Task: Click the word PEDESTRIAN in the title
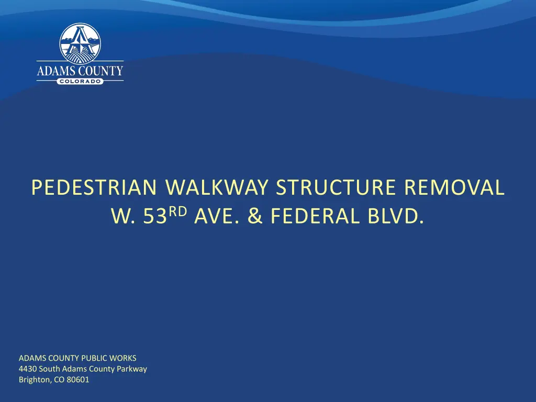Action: point(94,187)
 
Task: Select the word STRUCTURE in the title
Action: point(336,187)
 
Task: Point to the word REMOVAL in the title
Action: point(454,187)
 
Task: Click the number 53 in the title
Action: point(155,216)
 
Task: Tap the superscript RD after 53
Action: point(178,212)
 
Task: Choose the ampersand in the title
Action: point(255,216)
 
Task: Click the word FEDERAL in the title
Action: point(315,216)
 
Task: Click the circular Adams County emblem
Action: point(80,43)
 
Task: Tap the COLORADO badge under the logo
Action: point(80,81)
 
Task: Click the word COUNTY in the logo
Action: point(101,71)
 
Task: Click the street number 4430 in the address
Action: point(28,369)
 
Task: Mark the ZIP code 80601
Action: point(78,379)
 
